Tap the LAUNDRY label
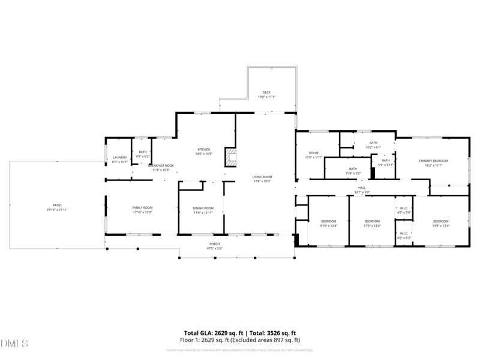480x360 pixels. coord(120,159)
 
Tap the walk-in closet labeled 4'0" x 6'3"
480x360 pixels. coord(404,235)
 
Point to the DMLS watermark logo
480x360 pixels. coord(15,344)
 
